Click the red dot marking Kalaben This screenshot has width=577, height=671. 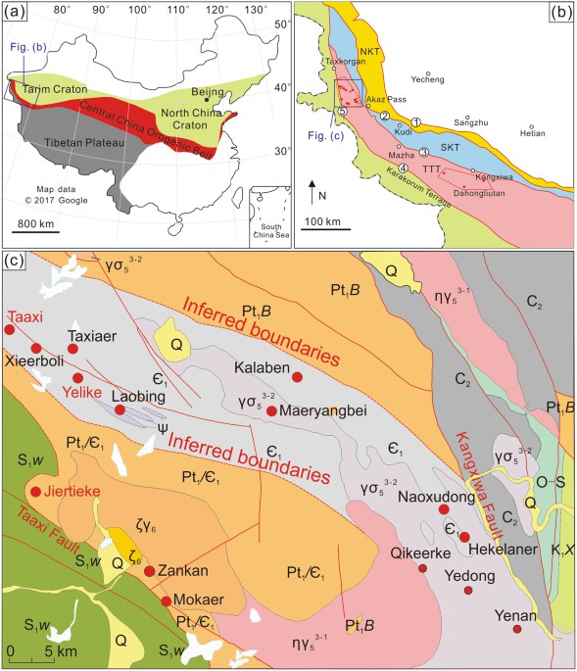[x=298, y=377]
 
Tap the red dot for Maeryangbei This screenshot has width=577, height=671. [x=272, y=410]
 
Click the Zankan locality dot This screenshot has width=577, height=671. [x=149, y=571]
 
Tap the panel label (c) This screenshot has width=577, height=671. [x=17, y=263]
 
